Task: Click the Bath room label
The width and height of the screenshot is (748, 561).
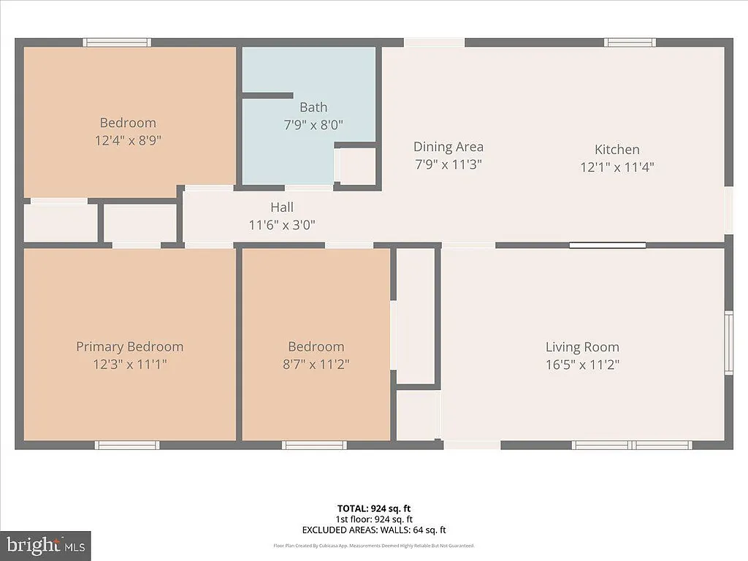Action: coord(313,107)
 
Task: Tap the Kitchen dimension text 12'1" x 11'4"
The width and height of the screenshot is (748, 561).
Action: coord(617,167)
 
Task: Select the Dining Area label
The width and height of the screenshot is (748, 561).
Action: coord(448,147)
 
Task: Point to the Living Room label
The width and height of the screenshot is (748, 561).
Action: coord(582,347)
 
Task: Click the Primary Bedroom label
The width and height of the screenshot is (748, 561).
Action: coord(129,346)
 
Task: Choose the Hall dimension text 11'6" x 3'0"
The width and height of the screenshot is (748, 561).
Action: coord(282,225)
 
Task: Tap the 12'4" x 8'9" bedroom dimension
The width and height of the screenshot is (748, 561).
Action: coord(128,140)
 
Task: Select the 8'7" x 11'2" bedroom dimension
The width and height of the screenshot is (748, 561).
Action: coord(316,365)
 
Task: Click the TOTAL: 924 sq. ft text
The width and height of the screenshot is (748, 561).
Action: coord(374,508)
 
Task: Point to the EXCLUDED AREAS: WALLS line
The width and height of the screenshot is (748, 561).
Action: coord(374,530)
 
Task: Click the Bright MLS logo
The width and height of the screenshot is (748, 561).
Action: coord(45,545)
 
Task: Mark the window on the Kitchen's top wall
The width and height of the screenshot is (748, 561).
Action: coord(630,42)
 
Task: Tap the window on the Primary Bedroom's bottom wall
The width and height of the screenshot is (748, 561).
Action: coord(127,445)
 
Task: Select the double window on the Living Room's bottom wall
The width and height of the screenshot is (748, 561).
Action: coord(632,445)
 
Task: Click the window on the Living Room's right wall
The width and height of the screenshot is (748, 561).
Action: coord(728,343)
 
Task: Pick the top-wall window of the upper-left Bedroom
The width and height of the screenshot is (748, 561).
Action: coord(117,42)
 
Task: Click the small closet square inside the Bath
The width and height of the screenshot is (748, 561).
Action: coord(357,166)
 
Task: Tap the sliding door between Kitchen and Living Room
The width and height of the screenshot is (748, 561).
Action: coord(607,245)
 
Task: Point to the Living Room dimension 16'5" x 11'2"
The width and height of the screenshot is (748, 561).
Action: coord(582,365)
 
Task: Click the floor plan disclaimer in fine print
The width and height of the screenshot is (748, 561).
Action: coord(374,546)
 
